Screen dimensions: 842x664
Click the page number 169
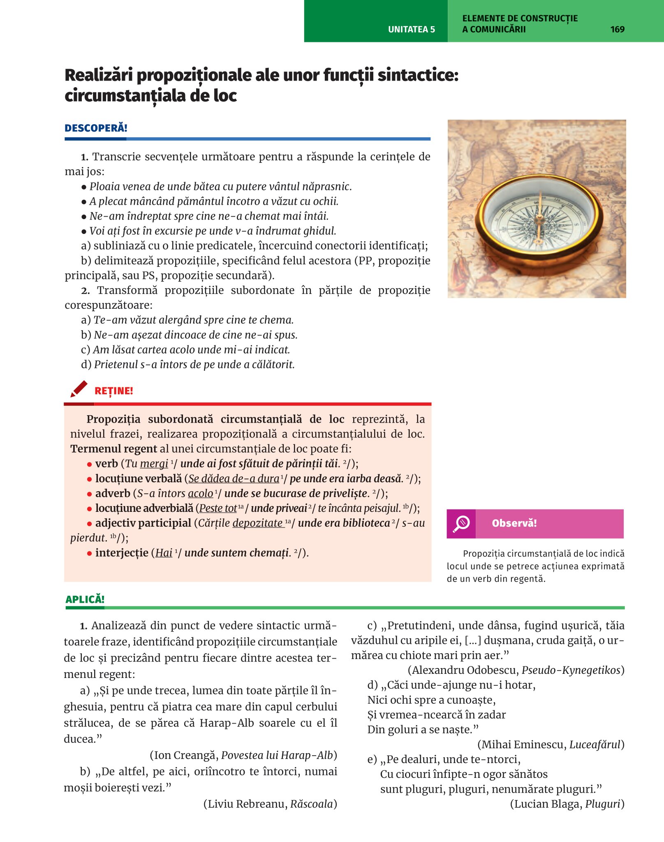tap(617, 29)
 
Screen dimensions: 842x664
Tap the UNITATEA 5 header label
tap(411, 29)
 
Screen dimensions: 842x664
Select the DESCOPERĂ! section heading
tap(96, 128)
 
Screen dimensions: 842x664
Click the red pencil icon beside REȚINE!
tap(79, 389)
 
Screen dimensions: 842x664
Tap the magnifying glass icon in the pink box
tap(461, 524)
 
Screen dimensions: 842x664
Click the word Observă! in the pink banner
tap(514, 523)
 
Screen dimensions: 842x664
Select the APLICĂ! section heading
tap(85, 599)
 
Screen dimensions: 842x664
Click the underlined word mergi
tap(154, 464)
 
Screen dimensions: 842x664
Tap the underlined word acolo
tap(201, 493)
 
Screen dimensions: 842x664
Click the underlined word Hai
tap(164, 553)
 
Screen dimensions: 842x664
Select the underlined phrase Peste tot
tap(218, 508)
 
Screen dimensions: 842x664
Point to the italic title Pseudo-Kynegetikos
tap(571, 670)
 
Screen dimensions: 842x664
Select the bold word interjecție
tap(122, 553)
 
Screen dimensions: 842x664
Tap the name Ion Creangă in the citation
tap(184, 755)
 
